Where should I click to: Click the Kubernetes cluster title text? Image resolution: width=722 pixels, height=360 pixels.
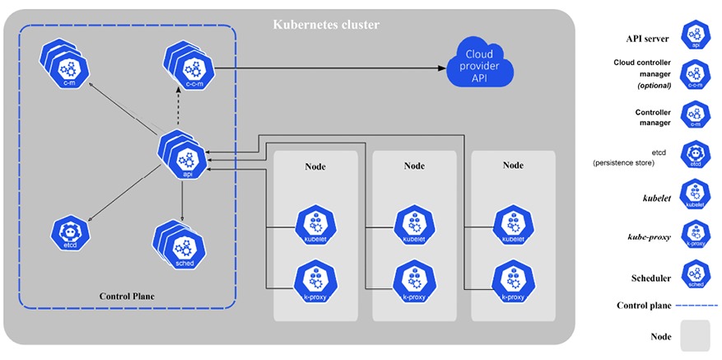tap(326, 26)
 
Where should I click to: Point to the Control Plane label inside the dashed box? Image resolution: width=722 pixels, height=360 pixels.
tap(127, 296)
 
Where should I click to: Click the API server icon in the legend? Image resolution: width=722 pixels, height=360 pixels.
tap(696, 36)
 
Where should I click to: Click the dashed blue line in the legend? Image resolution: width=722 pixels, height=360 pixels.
tap(696, 306)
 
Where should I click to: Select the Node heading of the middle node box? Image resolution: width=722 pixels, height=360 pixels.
tap(414, 166)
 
